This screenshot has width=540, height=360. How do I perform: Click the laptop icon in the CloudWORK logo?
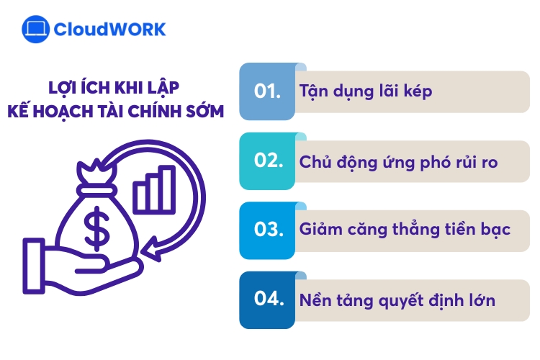[35, 30]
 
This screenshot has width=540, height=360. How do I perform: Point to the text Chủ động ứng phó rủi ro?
[398, 161]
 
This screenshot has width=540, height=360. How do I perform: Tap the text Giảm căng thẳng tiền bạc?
[405, 230]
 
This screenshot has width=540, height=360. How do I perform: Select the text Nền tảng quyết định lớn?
[397, 300]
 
